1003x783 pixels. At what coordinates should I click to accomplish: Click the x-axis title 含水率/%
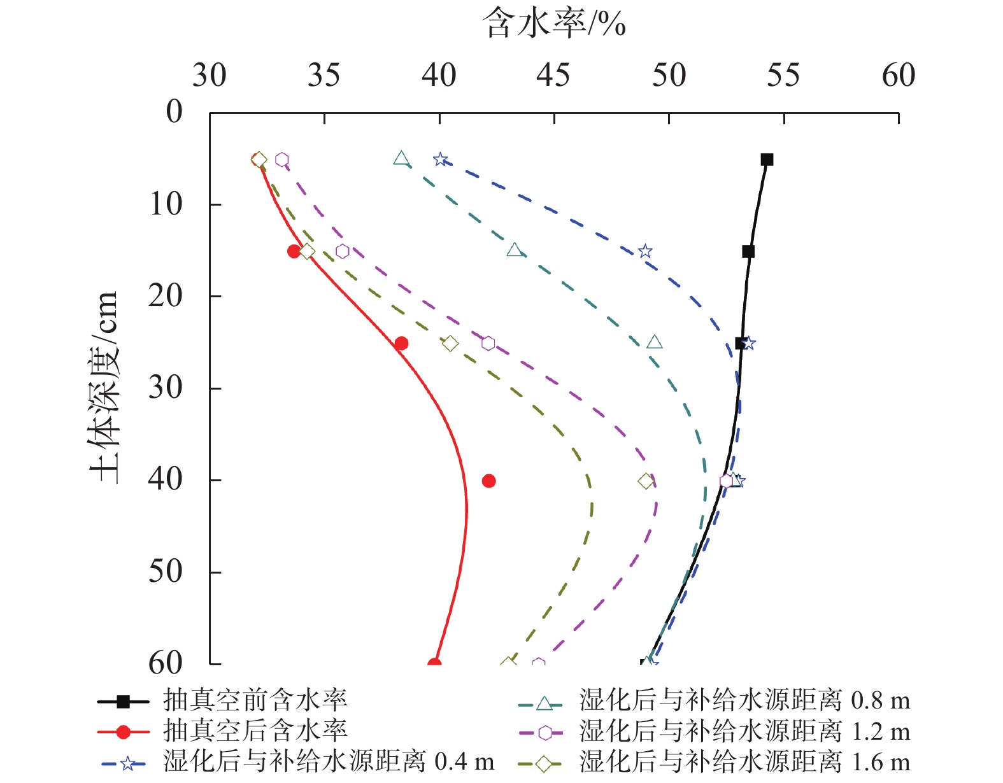pos(553,24)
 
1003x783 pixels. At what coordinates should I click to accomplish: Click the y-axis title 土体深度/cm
pos(104,386)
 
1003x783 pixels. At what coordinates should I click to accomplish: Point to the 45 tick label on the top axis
pos(553,76)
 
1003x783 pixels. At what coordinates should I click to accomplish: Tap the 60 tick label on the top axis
pos(898,76)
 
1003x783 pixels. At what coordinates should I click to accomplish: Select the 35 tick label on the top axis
pos(324,76)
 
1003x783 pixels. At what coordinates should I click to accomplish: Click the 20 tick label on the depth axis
pos(165,296)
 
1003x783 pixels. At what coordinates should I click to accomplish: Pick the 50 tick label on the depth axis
pos(165,572)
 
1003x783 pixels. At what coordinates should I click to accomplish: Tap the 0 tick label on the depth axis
pos(174,112)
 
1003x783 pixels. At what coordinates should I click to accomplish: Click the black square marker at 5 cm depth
pos(767,160)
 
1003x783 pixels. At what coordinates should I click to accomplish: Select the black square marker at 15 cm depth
pos(748,251)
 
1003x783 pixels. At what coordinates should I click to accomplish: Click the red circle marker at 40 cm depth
pos(488,481)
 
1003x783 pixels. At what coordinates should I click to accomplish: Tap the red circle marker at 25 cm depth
pos(401,344)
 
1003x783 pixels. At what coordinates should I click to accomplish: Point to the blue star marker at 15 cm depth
pos(645,251)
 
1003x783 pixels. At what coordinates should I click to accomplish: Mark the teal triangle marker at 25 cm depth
pos(654,342)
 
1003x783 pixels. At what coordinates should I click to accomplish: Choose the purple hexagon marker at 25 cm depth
pos(488,344)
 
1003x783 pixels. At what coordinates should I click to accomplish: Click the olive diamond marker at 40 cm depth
pos(646,481)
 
